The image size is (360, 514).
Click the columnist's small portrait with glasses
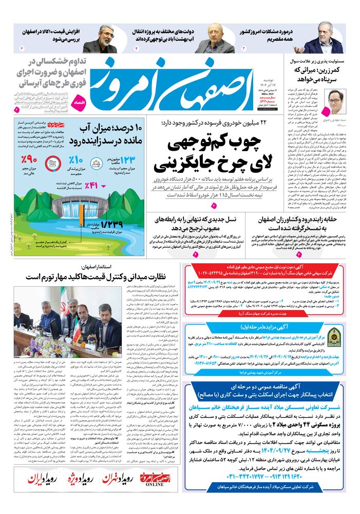[337, 98]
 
